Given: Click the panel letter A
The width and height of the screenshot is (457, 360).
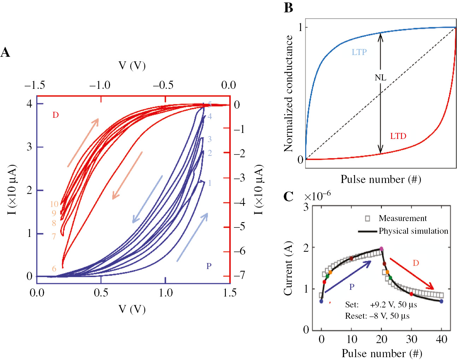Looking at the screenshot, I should (x=5, y=53).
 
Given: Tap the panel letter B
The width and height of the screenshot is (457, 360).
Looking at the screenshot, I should (x=288, y=7).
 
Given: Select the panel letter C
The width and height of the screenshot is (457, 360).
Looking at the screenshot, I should (x=288, y=196).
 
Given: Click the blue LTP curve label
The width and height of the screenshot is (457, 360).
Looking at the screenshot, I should (x=359, y=52).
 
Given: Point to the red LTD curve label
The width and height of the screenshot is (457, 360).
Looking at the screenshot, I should (x=398, y=136).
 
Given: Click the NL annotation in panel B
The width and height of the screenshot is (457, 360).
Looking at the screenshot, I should (x=380, y=78).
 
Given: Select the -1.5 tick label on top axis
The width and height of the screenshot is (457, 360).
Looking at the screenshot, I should (x=35, y=85).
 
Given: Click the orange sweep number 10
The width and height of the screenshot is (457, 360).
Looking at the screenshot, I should (x=54, y=204).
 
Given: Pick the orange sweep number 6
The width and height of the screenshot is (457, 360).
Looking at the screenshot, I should (x=54, y=269).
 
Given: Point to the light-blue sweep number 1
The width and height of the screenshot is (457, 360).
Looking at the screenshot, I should (x=210, y=183).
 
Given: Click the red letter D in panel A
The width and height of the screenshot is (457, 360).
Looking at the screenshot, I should (x=55, y=115).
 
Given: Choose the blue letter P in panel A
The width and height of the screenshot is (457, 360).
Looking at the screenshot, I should (x=209, y=266).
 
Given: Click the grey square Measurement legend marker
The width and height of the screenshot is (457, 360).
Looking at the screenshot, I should (x=367, y=219).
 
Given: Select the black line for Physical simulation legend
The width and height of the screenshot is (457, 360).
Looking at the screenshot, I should (x=367, y=231).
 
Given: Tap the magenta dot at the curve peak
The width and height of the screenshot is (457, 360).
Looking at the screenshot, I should (x=381, y=249).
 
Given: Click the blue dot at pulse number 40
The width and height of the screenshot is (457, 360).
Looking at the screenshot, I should (x=441, y=301).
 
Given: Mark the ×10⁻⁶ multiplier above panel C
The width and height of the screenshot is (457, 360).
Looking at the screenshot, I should (x=317, y=196).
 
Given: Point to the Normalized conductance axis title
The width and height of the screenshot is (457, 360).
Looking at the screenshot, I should (x=288, y=93).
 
